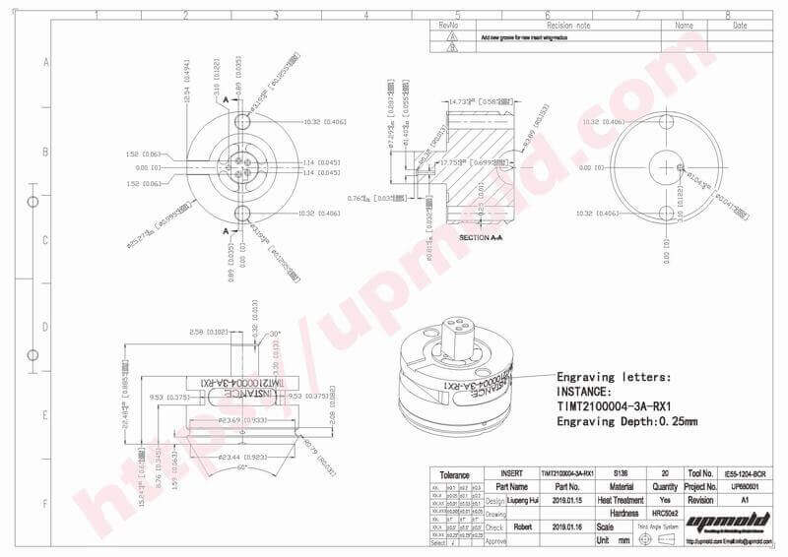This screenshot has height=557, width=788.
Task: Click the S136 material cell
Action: click(x=620, y=473)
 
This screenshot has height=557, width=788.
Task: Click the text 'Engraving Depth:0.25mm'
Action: click(x=626, y=422)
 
